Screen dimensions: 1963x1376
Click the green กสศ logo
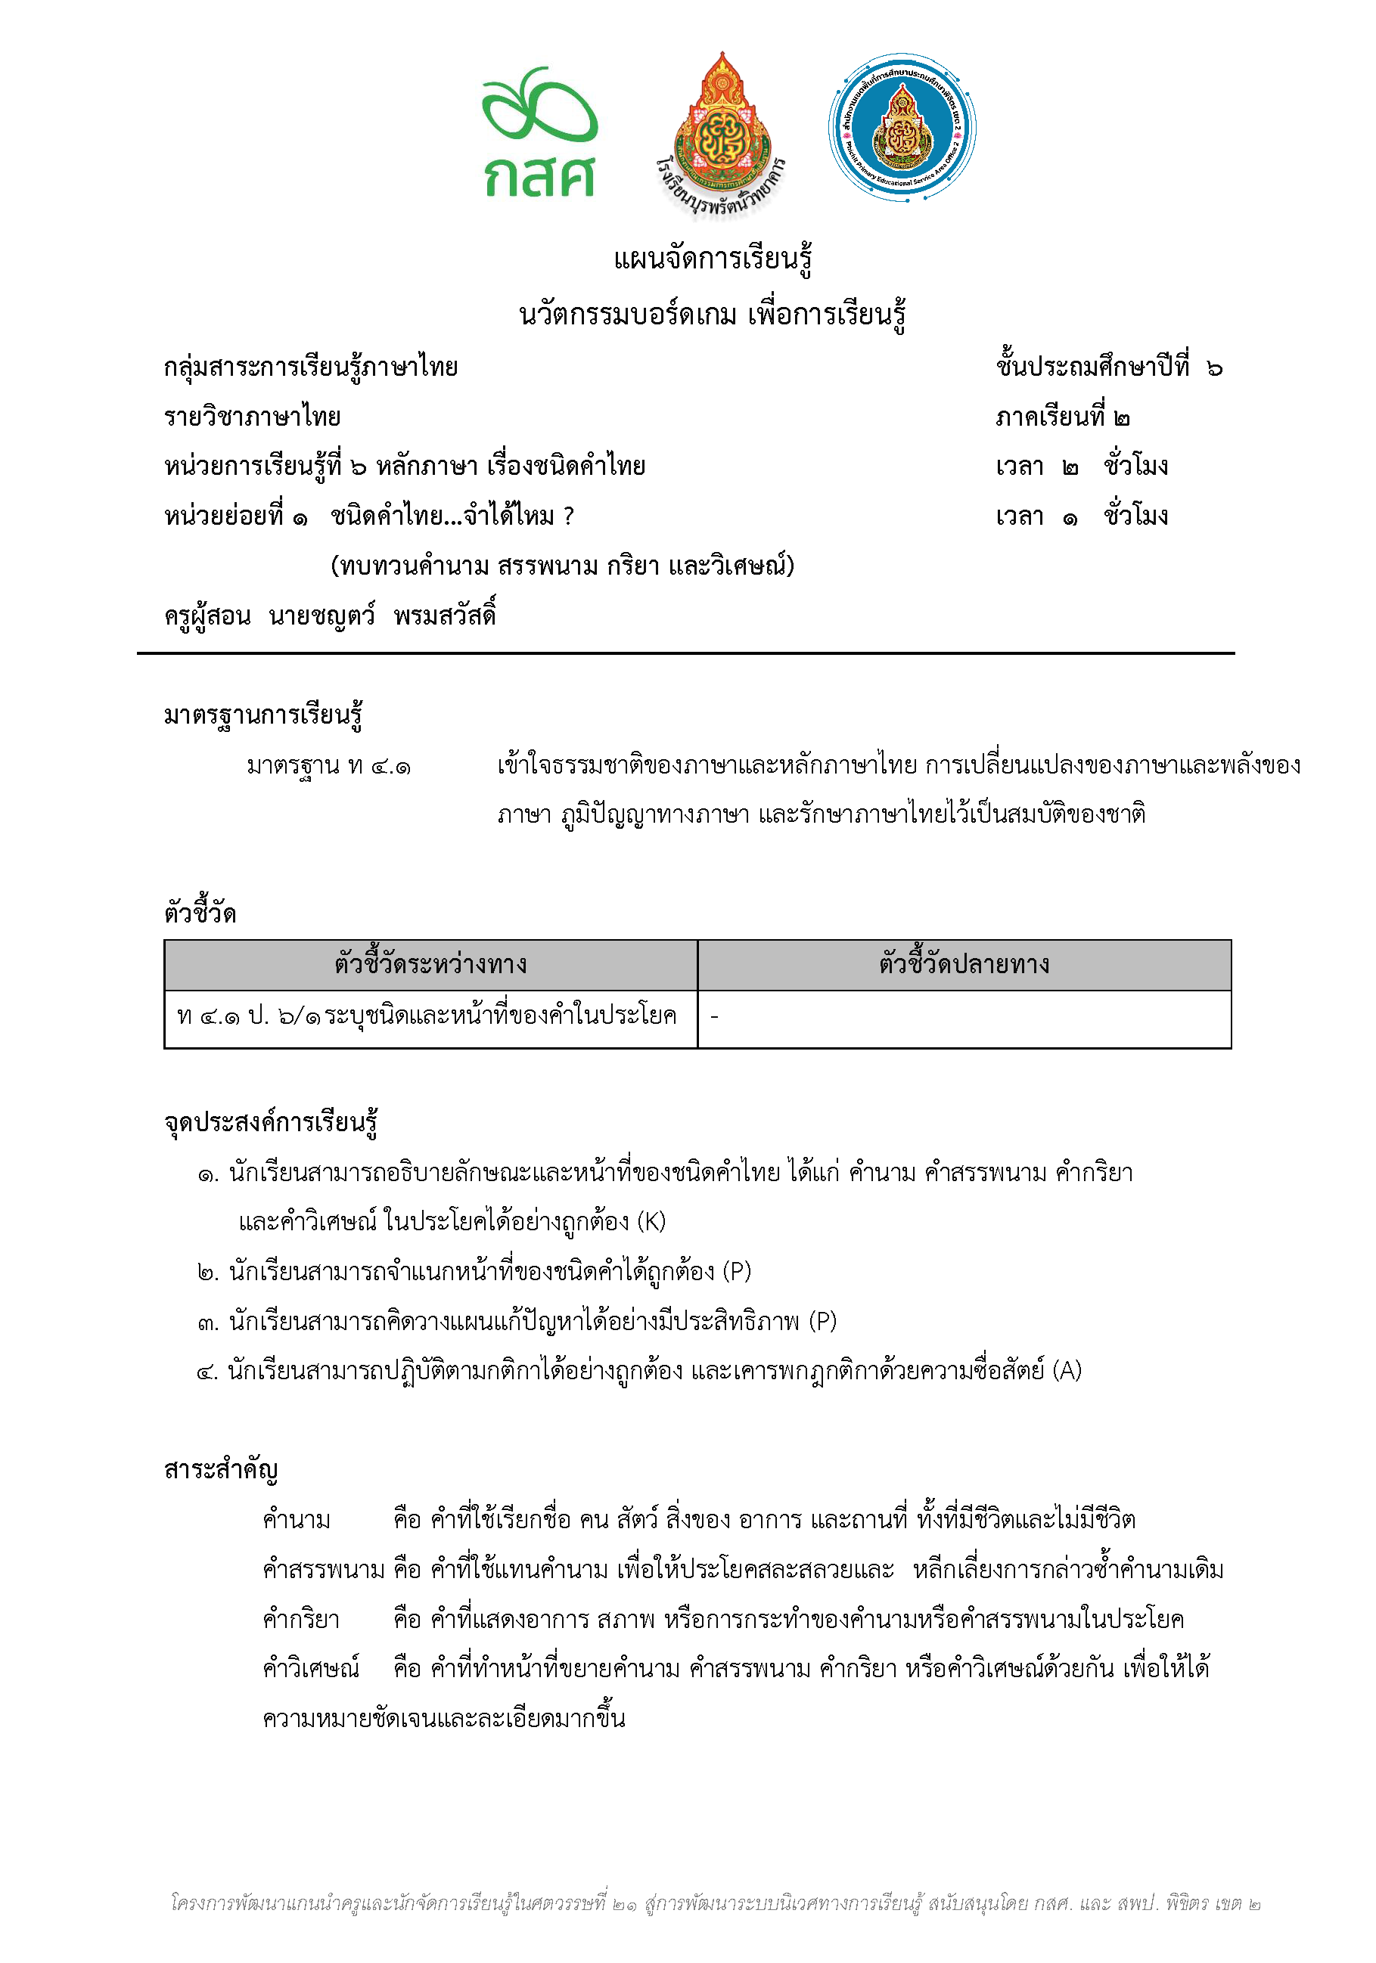click(539, 132)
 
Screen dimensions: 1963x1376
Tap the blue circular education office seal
click(902, 129)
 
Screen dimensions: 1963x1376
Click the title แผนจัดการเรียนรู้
click(713, 258)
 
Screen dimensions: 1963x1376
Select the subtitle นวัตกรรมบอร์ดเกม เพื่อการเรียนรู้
click(713, 315)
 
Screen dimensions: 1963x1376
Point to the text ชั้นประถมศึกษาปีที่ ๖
click(1108, 367)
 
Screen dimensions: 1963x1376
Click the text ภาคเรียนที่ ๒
click(1062, 417)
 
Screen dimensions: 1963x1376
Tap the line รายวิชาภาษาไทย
click(253, 417)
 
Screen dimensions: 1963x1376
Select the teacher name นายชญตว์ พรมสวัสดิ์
click(381, 616)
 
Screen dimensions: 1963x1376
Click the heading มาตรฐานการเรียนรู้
click(263, 714)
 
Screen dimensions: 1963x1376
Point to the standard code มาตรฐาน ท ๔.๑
click(328, 765)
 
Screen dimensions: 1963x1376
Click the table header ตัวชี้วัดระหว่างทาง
click(430, 964)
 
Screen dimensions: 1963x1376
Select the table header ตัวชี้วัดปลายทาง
click(964, 964)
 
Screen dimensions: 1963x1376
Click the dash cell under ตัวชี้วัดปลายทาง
click(714, 1016)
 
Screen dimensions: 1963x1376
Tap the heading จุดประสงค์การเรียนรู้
click(271, 1121)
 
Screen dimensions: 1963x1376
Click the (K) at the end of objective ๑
click(651, 1221)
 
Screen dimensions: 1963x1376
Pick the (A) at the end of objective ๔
click(1067, 1370)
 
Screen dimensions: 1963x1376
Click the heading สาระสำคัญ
click(221, 1468)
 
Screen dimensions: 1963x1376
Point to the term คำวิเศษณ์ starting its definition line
click(312, 1667)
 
